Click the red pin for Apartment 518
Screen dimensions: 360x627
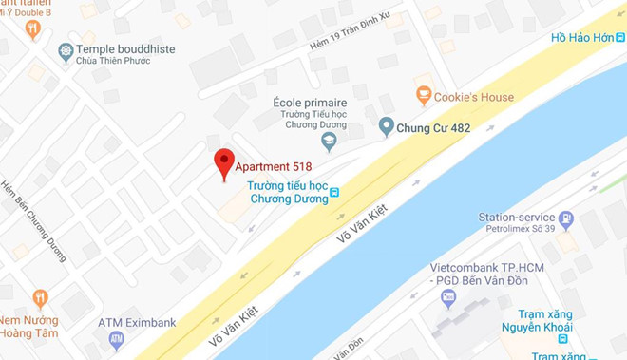223,161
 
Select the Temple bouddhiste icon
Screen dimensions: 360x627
66,50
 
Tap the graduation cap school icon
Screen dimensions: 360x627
329,142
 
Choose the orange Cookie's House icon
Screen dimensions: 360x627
424,95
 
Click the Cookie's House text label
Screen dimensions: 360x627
473,97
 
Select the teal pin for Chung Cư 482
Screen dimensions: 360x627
386,125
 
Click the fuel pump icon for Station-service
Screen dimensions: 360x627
566,219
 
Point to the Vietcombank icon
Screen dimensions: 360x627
449,297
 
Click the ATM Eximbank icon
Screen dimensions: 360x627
116,338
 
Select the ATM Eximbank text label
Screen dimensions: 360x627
137,322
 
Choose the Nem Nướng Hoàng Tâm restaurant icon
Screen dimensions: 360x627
39,298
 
